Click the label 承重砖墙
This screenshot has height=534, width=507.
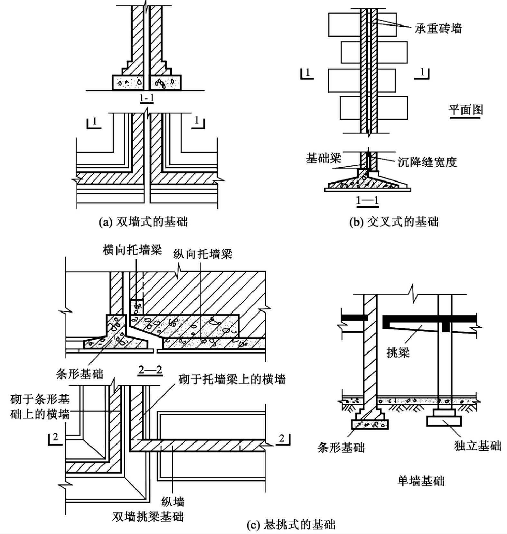[438, 29]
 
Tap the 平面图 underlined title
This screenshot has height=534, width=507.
[466, 110]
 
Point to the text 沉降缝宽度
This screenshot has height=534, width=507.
[427, 162]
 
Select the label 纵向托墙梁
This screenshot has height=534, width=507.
[202, 254]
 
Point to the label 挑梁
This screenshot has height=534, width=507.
[398, 353]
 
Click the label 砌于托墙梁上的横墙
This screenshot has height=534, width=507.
[232, 379]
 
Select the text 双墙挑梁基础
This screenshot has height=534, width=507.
[148, 516]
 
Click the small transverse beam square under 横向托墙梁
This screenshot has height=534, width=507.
[137, 307]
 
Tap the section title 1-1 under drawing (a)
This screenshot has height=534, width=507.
[146, 98]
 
